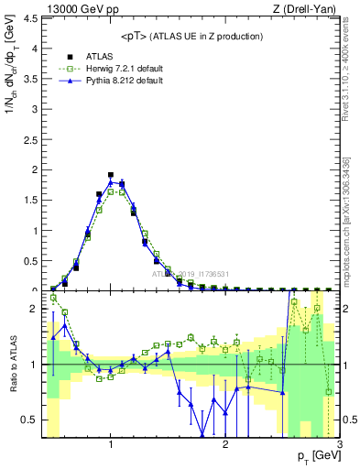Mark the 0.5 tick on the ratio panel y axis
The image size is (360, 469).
[x=31, y=420]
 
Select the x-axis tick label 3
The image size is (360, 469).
[x=339, y=446]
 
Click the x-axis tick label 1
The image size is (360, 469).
[x=111, y=446]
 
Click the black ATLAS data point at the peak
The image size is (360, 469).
[x=111, y=174]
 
